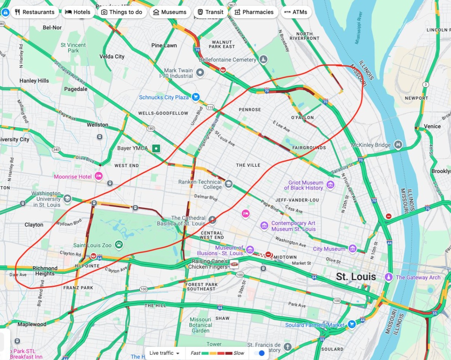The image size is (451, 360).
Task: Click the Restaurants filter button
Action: [34, 12]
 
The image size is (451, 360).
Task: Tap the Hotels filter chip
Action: [77, 12]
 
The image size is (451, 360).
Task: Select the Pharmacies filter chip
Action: [253, 12]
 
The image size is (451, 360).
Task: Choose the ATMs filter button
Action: [295, 12]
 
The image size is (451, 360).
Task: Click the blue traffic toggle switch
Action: [259, 353]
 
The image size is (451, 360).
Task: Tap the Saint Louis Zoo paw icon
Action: [119, 245]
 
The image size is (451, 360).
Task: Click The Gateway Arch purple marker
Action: [389, 277]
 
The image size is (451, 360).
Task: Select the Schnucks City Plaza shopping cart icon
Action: [195, 97]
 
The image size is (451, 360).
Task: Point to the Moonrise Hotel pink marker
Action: [98, 176]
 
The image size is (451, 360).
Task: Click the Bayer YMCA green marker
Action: [156, 149]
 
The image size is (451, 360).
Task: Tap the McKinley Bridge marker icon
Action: [398, 145]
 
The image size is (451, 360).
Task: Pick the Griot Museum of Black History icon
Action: [330, 184]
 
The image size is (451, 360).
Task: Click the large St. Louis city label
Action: [356, 277]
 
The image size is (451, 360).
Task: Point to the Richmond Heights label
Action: [45, 271]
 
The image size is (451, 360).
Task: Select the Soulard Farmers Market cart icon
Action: [351, 325]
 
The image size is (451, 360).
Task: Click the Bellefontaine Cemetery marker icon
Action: [264, 60]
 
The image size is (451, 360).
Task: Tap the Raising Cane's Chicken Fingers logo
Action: [234, 264]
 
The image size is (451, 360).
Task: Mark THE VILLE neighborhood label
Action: [248, 165]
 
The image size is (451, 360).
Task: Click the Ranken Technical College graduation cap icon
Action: [228, 184]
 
